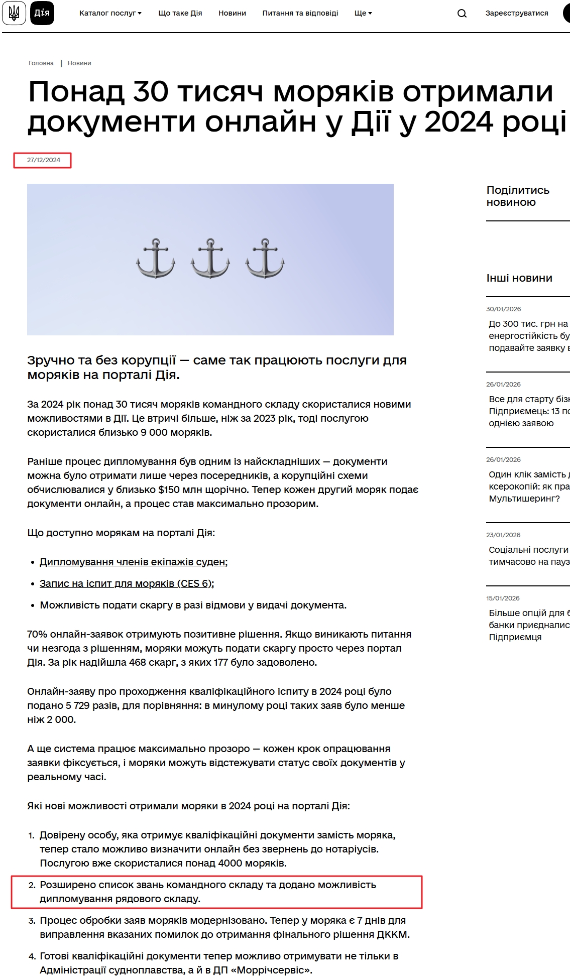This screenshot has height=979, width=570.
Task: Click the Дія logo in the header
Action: (x=42, y=13)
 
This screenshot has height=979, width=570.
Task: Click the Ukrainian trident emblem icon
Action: (x=14, y=13)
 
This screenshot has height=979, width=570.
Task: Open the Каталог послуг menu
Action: (x=110, y=13)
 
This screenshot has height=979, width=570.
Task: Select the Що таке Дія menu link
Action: (x=180, y=13)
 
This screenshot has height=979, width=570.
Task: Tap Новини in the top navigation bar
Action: (x=232, y=13)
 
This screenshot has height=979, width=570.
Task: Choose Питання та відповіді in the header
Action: (x=300, y=13)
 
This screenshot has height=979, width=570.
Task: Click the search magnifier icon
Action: (x=462, y=14)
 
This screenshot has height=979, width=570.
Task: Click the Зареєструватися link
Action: (x=516, y=13)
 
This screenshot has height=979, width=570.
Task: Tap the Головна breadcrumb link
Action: (x=41, y=63)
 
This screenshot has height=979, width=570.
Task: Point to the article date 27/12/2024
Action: (x=44, y=160)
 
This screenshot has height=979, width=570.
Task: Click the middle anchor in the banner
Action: (x=210, y=259)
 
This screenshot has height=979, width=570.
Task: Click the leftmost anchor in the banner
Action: (x=156, y=259)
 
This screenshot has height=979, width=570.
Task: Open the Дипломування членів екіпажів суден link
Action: (x=133, y=562)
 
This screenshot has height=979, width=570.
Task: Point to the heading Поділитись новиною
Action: (x=518, y=196)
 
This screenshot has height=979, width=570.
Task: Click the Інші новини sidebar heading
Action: (x=519, y=278)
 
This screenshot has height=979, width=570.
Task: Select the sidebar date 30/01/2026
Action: (x=503, y=309)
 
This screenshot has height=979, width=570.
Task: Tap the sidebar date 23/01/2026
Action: (x=503, y=535)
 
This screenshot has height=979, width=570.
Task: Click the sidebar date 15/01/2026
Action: (x=503, y=598)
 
